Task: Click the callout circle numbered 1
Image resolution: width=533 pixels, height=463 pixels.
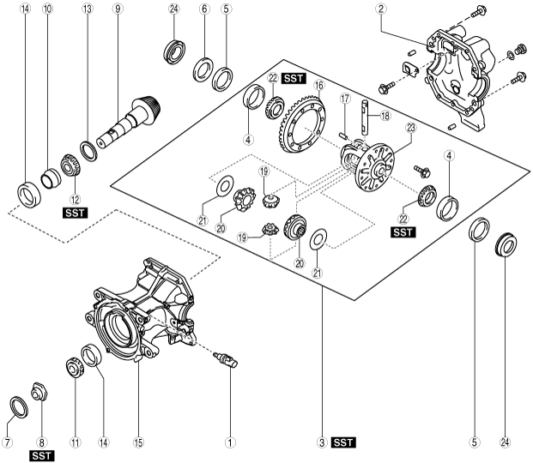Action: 229,443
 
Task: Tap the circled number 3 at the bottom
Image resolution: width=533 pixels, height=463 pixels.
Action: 320,443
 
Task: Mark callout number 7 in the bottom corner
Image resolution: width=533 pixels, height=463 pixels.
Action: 7,443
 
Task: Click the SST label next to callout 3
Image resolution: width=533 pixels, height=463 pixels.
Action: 343,443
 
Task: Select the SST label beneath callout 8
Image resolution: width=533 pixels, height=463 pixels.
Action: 41,456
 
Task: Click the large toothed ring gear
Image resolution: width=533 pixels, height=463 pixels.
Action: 302,125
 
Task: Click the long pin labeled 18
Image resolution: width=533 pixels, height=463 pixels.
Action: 366,121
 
